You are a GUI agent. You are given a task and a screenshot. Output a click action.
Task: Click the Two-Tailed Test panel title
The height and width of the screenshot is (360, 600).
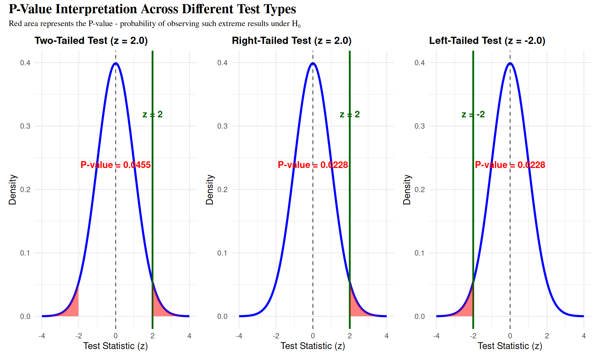[91, 41]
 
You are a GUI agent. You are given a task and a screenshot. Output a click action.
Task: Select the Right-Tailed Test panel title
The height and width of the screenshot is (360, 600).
[292, 41]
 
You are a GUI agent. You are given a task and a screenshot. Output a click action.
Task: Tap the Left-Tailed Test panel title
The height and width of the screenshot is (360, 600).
[487, 41]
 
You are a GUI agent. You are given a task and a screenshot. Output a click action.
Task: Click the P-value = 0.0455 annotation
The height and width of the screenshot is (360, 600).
[116, 165]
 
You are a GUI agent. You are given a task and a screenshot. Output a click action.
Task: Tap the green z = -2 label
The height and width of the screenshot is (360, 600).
[473, 114]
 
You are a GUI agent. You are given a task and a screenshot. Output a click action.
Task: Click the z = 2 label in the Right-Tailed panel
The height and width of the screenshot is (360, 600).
[350, 114]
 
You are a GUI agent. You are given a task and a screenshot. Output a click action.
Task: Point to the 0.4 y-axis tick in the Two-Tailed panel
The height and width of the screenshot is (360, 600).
[25, 63]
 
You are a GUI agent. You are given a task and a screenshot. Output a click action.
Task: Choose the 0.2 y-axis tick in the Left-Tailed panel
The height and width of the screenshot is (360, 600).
[420, 190]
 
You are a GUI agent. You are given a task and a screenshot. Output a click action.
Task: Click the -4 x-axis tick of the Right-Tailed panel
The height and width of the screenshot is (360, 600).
[239, 336]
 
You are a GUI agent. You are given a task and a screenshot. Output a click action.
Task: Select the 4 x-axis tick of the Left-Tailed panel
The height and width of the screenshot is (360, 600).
[584, 336]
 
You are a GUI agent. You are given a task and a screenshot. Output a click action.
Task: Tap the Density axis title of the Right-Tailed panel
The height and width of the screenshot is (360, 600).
[210, 190]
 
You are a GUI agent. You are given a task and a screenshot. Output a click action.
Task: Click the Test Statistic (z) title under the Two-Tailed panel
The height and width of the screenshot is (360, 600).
[116, 346]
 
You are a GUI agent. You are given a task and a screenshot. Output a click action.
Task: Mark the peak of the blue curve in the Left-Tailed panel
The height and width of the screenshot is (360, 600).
[510, 63]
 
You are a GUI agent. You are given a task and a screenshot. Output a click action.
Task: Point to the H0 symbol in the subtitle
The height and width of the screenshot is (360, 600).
[296, 24]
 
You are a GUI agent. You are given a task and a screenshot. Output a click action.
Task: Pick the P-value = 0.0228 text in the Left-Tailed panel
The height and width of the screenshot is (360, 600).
[510, 165]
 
